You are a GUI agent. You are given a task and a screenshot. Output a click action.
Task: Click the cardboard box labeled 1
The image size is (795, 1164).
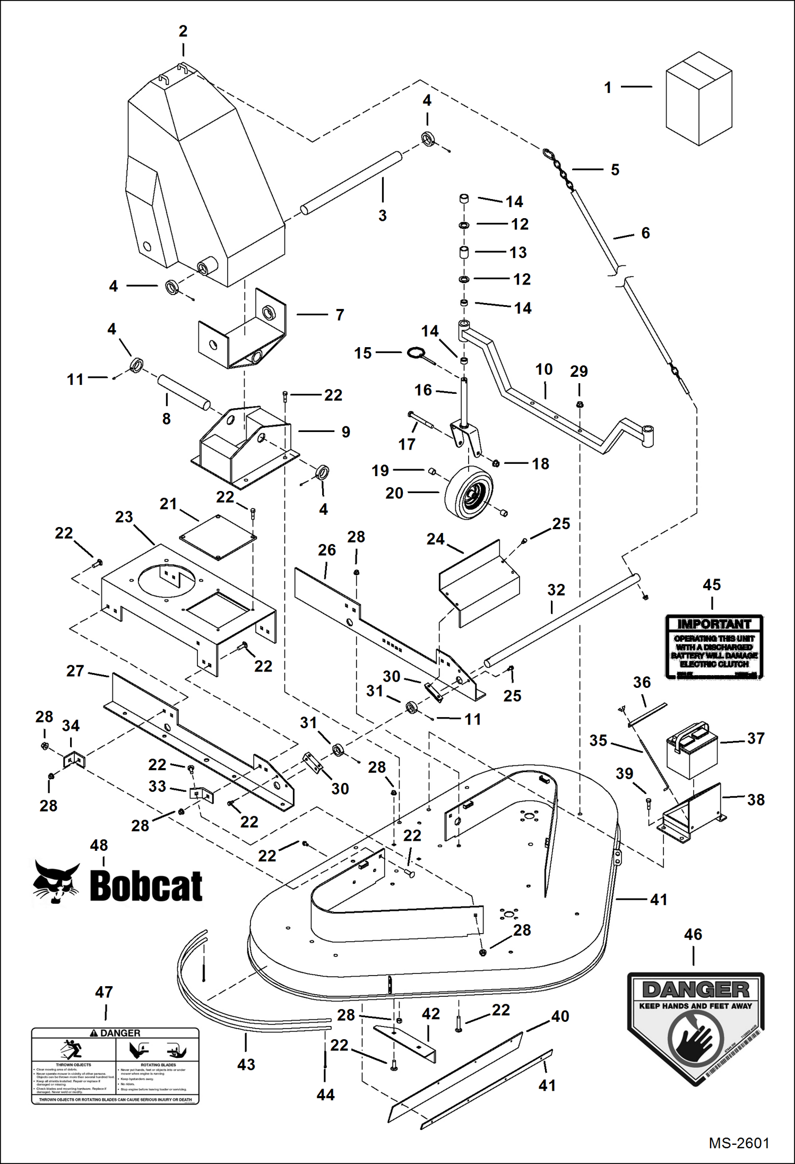[x=698, y=99]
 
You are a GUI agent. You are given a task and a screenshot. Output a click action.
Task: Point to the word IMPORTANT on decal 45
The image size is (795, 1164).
[x=714, y=624]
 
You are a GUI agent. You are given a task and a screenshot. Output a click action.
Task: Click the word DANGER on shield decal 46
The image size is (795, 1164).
[x=695, y=989]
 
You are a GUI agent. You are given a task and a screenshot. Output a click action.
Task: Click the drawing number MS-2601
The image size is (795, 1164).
[x=739, y=1143]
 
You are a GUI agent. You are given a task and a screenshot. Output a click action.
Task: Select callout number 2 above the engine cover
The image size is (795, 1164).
[x=183, y=31]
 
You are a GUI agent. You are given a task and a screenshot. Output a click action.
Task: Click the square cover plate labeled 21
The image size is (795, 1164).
[x=218, y=537]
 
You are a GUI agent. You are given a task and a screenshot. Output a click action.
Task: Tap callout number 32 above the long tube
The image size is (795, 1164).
[x=556, y=590]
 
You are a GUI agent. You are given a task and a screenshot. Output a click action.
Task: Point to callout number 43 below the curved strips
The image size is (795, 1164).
[x=246, y=1064]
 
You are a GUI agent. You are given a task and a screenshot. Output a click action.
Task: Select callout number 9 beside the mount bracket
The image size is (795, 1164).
[x=345, y=432]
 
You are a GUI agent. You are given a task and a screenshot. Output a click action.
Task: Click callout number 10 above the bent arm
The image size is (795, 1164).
[x=544, y=369]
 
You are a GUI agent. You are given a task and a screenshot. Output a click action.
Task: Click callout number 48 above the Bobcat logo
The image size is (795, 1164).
[x=99, y=845]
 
